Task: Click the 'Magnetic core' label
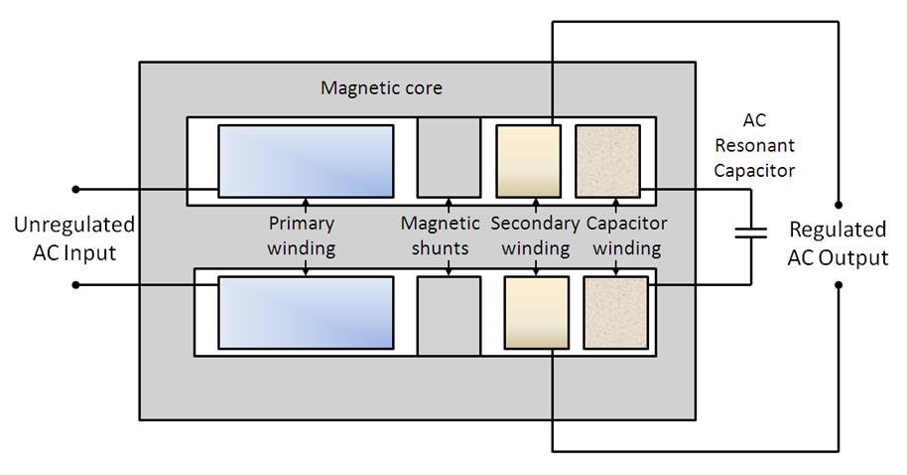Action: pos(381,88)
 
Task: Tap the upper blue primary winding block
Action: pos(306,161)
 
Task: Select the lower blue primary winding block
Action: pos(306,313)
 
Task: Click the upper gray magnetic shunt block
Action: pos(449,158)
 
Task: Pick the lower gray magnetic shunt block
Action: pos(449,316)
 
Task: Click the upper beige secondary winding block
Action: pos(529,161)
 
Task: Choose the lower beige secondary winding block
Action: pos(537,313)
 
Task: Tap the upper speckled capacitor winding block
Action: pos(608,161)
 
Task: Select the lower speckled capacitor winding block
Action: pos(616,313)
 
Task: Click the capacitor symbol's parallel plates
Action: pos(751,233)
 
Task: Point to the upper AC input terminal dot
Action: pos(75,190)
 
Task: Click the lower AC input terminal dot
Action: pos(75,285)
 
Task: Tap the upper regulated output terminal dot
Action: pos(839,205)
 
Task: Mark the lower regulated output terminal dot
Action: pos(839,285)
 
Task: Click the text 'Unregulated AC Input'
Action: pos(74,238)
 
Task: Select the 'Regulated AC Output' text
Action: pos(838,243)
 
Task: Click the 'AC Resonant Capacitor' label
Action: pos(754,145)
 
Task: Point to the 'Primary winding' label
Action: pos(302,236)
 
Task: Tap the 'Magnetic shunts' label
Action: pos(441,236)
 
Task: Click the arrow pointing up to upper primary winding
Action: pos(306,207)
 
